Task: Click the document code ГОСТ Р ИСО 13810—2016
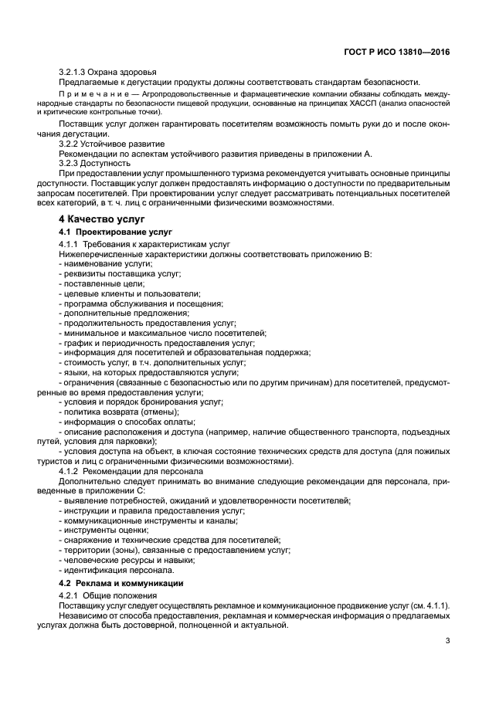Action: pyautogui.click(x=399, y=51)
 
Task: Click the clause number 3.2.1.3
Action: pyautogui.click(x=73, y=72)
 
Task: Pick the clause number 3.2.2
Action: pyautogui.click(x=70, y=144)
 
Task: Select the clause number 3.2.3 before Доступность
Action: pyautogui.click(x=70, y=163)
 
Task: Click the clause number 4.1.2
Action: pyautogui.click(x=70, y=472)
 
